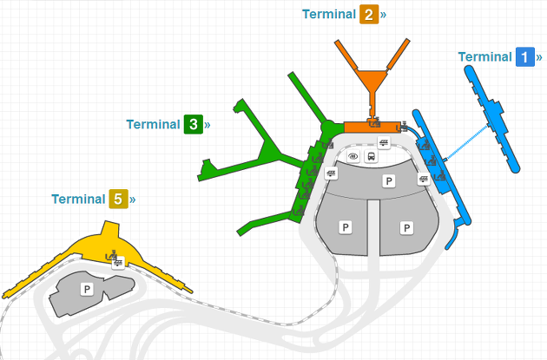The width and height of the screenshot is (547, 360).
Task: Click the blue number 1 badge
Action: (x=524, y=57)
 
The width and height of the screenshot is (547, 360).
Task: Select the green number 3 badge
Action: (x=193, y=124)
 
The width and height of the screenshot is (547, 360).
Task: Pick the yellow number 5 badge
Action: (x=118, y=200)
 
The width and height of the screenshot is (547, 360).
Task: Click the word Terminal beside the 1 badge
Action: (x=484, y=57)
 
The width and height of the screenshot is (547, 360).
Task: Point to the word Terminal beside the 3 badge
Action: (x=153, y=124)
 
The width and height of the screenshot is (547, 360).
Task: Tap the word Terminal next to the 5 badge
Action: (x=78, y=200)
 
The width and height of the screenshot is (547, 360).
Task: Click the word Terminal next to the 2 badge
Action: (x=329, y=15)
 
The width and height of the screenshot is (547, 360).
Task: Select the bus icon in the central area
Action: (x=371, y=157)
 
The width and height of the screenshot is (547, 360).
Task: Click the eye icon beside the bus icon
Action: (x=353, y=157)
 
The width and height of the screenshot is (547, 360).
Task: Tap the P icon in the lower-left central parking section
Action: (x=346, y=226)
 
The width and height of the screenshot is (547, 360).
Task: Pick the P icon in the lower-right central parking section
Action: (x=405, y=226)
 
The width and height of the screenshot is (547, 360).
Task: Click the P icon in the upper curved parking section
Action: (x=389, y=181)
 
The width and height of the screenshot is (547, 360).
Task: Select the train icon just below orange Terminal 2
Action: (x=383, y=142)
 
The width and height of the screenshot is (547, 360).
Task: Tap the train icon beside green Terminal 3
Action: (x=331, y=173)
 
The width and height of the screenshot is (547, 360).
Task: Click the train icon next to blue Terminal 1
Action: (x=424, y=180)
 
